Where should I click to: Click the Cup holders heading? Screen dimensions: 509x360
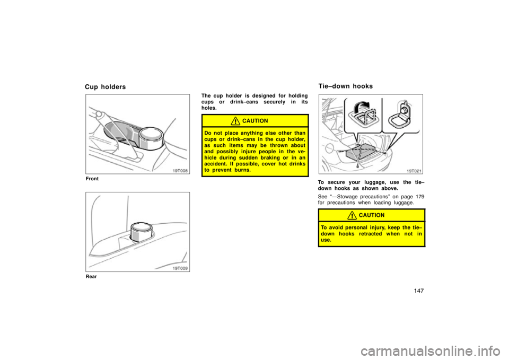point(105,87)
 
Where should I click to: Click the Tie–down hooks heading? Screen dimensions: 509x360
point(345,86)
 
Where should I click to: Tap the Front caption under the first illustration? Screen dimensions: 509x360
point(92,179)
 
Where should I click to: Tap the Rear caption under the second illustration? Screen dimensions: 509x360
point(91,277)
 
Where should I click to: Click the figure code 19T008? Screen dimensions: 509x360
point(180,171)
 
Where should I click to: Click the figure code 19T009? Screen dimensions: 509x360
point(180,268)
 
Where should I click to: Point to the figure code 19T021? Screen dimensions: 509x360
point(414,171)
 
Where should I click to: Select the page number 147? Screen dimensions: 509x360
point(419,291)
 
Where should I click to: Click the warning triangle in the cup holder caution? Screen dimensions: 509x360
point(235,121)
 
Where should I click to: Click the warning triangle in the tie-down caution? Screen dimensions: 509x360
point(352,216)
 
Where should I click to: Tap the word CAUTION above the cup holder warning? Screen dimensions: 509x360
point(255,121)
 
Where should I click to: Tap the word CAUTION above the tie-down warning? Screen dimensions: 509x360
point(372,215)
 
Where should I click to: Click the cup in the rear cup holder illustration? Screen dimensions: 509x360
point(141,232)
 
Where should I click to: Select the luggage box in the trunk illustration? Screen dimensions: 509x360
point(359,152)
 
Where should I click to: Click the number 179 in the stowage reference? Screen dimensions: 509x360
point(420,197)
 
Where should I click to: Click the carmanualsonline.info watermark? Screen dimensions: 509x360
point(430,351)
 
